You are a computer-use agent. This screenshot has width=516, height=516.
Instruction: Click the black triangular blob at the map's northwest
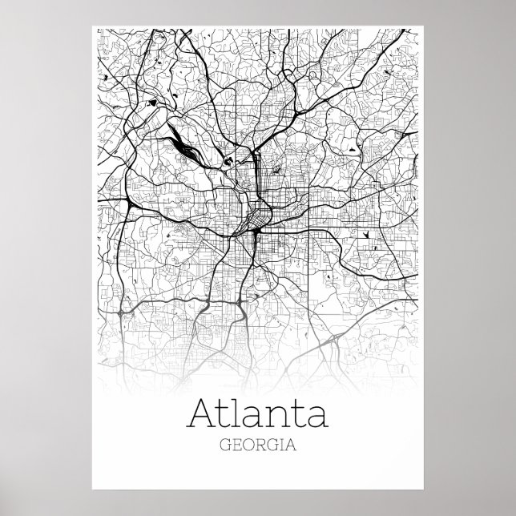152,103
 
